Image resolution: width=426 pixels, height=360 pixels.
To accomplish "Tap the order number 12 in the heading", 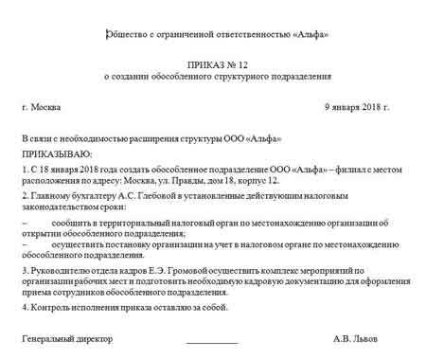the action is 234,66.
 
